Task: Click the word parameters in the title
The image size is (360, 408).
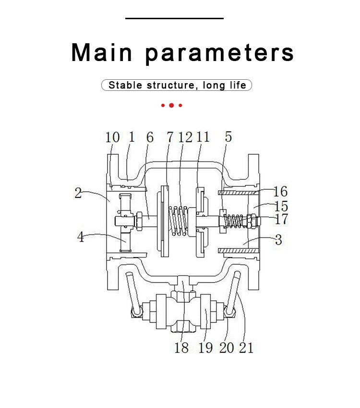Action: tap(219, 53)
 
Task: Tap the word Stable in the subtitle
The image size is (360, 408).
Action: tap(125, 86)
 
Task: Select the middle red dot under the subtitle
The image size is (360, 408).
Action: tap(171, 105)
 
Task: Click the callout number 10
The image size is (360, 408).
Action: tap(112, 137)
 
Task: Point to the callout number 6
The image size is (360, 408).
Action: tap(150, 137)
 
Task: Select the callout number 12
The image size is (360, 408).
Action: tap(185, 137)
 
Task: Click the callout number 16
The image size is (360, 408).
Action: tap(280, 192)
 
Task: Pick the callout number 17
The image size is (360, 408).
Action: tap(281, 219)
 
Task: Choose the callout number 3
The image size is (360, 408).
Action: tap(279, 239)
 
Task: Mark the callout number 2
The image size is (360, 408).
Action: tap(78, 193)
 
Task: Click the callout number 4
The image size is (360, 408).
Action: tap(81, 236)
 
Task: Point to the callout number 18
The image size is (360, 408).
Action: tap(181, 347)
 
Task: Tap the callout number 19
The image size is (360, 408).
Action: tap(205, 347)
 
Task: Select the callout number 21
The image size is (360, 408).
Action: tap(246, 347)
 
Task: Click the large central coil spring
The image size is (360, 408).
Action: tap(180, 221)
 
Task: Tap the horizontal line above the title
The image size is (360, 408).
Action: tap(175, 18)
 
